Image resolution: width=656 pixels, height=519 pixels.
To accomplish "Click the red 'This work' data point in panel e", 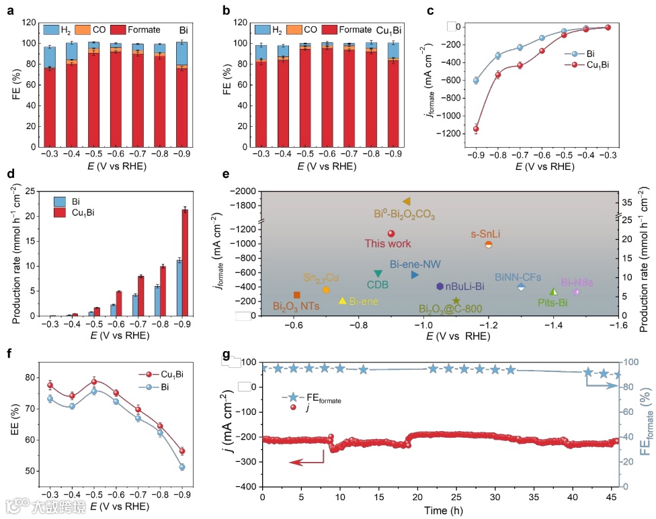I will pyautogui.click(x=391, y=234).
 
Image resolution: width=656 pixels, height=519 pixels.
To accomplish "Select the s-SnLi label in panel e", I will pyautogui.click(x=488, y=233).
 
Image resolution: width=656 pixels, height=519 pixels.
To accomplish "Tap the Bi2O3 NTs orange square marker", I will pyautogui.click(x=296, y=295).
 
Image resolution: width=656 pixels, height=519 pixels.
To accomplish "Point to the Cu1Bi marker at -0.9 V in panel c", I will pyautogui.click(x=476, y=129).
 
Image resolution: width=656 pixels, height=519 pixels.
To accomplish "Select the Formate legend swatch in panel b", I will pyautogui.click(x=329, y=30).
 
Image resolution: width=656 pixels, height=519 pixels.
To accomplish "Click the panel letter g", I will pyautogui.click(x=225, y=354).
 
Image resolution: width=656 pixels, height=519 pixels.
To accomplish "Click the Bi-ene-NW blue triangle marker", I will pyautogui.click(x=415, y=275).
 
